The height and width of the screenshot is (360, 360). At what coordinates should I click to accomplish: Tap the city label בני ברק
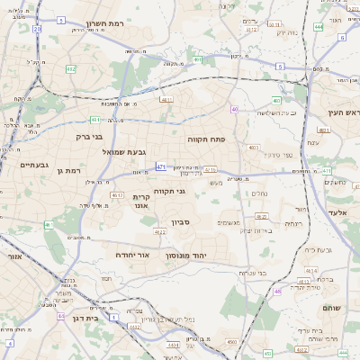click(88, 138)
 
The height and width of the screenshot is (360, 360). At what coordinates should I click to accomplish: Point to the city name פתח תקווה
click(205, 139)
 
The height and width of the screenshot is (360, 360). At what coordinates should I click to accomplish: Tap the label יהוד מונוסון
click(186, 256)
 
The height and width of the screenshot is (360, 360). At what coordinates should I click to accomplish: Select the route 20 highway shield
click(37, 29)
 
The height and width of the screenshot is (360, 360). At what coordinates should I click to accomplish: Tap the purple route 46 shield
click(278, 291)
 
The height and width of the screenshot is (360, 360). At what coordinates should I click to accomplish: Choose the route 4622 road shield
click(160, 233)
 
